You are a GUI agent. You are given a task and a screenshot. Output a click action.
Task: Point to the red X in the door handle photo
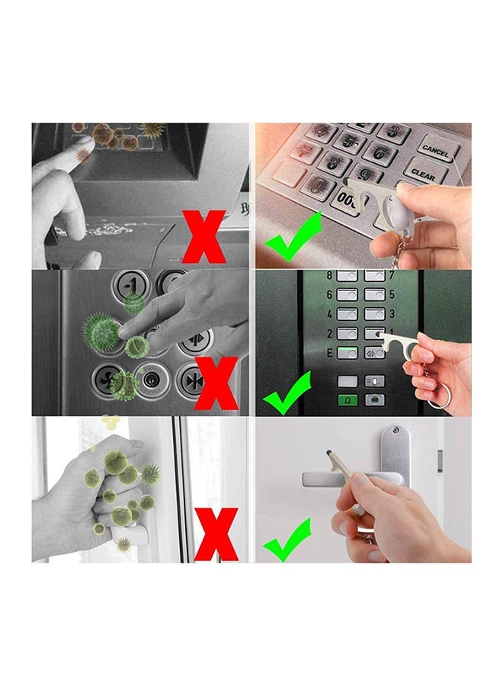(216, 534)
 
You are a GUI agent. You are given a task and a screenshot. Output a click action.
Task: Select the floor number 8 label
(329, 275)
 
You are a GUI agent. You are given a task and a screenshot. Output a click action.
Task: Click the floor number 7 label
(392, 276)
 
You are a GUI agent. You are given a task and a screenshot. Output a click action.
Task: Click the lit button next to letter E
(348, 352)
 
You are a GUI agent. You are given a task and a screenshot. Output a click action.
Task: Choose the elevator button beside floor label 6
(348, 294)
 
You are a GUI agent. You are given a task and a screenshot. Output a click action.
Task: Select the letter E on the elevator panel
(329, 352)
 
